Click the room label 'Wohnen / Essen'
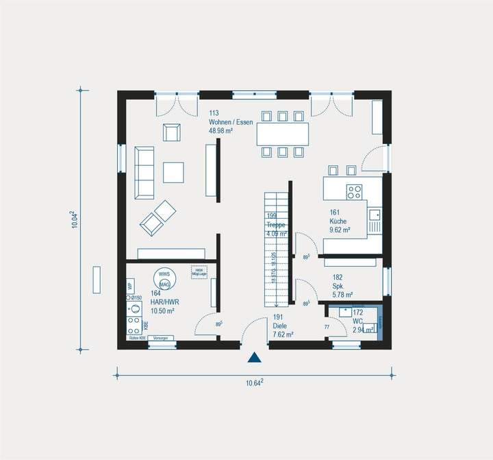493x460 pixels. click(231, 122)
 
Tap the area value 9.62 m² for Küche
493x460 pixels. click(340, 230)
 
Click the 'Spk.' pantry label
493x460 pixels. click(338, 287)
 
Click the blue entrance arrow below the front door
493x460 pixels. click(255, 357)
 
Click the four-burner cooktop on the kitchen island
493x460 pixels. click(354, 192)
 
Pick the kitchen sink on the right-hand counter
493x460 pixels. click(375, 215)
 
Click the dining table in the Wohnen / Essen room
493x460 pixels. click(282, 134)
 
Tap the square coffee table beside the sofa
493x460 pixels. click(173, 172)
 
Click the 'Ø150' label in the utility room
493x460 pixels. click(136, 298)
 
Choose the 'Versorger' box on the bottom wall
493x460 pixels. click(161, 338)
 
